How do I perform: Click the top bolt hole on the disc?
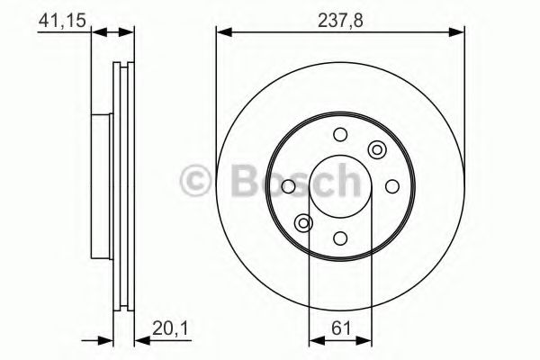click(x=340, y=134)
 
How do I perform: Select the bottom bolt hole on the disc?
click(x=340, y=238)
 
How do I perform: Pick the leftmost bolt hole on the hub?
click(x=288, y=186)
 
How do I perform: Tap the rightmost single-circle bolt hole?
click(x=392, y=186)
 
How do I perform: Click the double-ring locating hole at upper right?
click(x=377, y=149)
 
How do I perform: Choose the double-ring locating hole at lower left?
click(x=303, y=223)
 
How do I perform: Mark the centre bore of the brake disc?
click(x=340, y=186)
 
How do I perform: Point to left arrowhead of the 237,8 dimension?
click(x=221, y=33)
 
